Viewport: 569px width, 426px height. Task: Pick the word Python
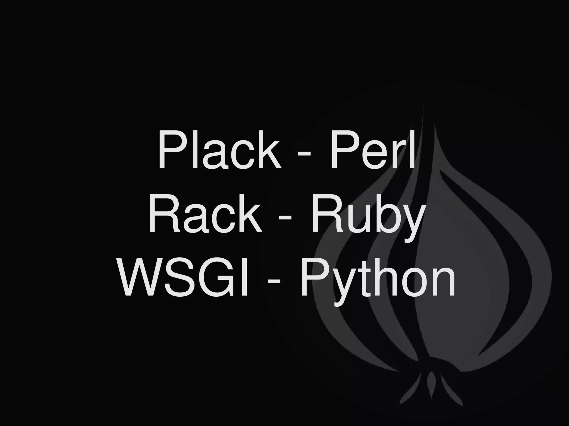click(378, 280)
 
